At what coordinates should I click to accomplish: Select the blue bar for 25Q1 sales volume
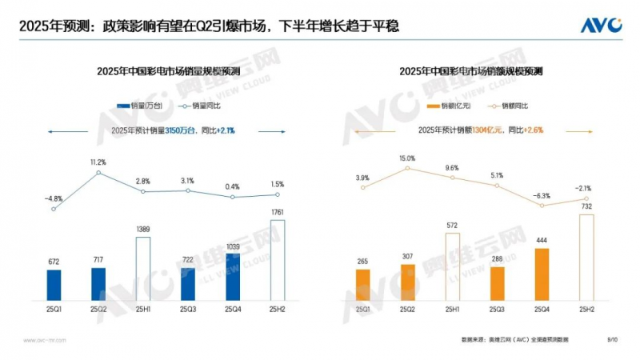pos(54,283)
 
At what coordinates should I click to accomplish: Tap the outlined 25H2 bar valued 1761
pos(277,258)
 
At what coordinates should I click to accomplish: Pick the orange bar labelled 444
pos(540,273)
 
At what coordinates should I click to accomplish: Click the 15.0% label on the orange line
pos(407,158)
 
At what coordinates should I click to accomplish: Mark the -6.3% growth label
pos(542,195)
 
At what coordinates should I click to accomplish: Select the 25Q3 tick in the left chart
pos(188,309)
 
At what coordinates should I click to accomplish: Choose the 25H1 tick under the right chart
pos(452,309)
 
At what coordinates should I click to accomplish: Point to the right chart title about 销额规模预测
pos(471,72)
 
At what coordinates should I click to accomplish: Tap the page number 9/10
pos(612,339)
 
